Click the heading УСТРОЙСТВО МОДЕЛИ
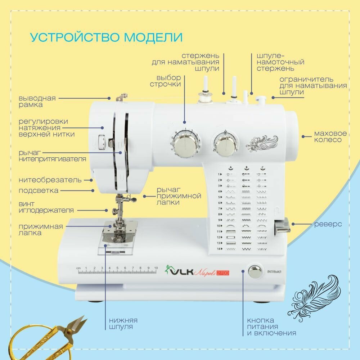click(x=106, y=37)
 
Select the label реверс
click(x=328, y=224)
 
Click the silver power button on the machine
click(x=255, y=271)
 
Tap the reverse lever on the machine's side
click(x=283, y=226)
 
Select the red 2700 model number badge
click(x=222, y=273)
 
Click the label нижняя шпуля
click(x=123, y=323)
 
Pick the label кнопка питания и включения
click(x=271, y=327)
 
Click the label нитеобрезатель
click(x=50, y=180)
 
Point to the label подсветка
click(x=39, y=190)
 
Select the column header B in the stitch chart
click(x=246, y=167)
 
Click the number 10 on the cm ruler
click(x=156, y=268)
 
